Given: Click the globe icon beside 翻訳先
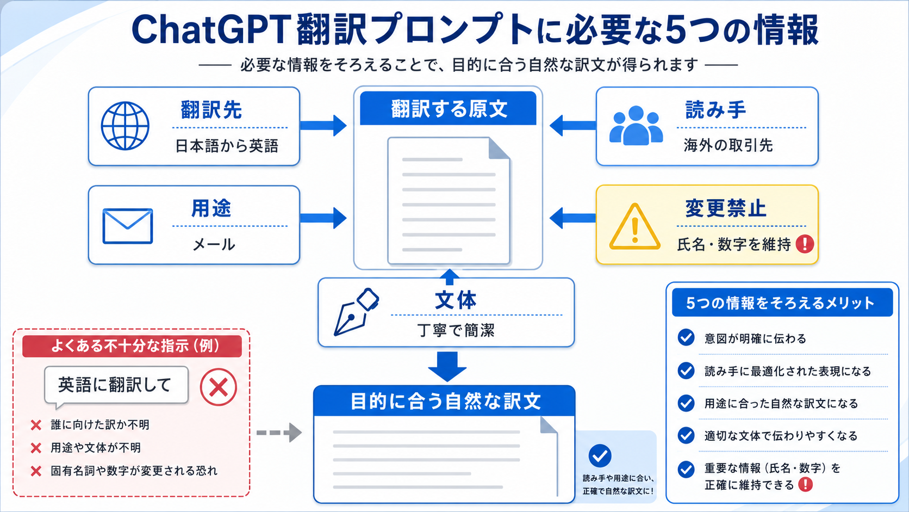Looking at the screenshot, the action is coord(125,126).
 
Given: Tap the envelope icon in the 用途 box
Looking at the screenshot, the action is coord(128,226).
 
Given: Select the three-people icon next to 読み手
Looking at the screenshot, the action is coord(636,125).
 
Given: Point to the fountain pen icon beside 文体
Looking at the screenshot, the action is coord(356,312).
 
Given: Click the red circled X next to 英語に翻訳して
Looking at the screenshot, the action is coord(219,387).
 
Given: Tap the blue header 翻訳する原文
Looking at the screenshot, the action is coord(448,108).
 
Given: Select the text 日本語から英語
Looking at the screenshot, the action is coord(227,146).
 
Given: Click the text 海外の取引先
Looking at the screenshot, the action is coord(728,145).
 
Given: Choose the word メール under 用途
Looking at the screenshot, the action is coord(214,244).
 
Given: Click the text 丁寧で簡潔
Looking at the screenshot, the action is coord(456,330).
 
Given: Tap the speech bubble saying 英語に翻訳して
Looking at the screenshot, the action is coord(116,385).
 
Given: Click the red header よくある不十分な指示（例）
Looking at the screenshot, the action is coord(132,346).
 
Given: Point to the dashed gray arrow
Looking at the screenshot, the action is coord(279,433).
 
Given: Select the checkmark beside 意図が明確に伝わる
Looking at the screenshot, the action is coord(686,337).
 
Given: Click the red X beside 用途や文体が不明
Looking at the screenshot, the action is coord(36,448).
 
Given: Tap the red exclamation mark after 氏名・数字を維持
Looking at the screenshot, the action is coord(805,244).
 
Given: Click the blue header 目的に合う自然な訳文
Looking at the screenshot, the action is coord(444,401).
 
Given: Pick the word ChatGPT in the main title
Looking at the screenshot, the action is coord(210,29).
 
